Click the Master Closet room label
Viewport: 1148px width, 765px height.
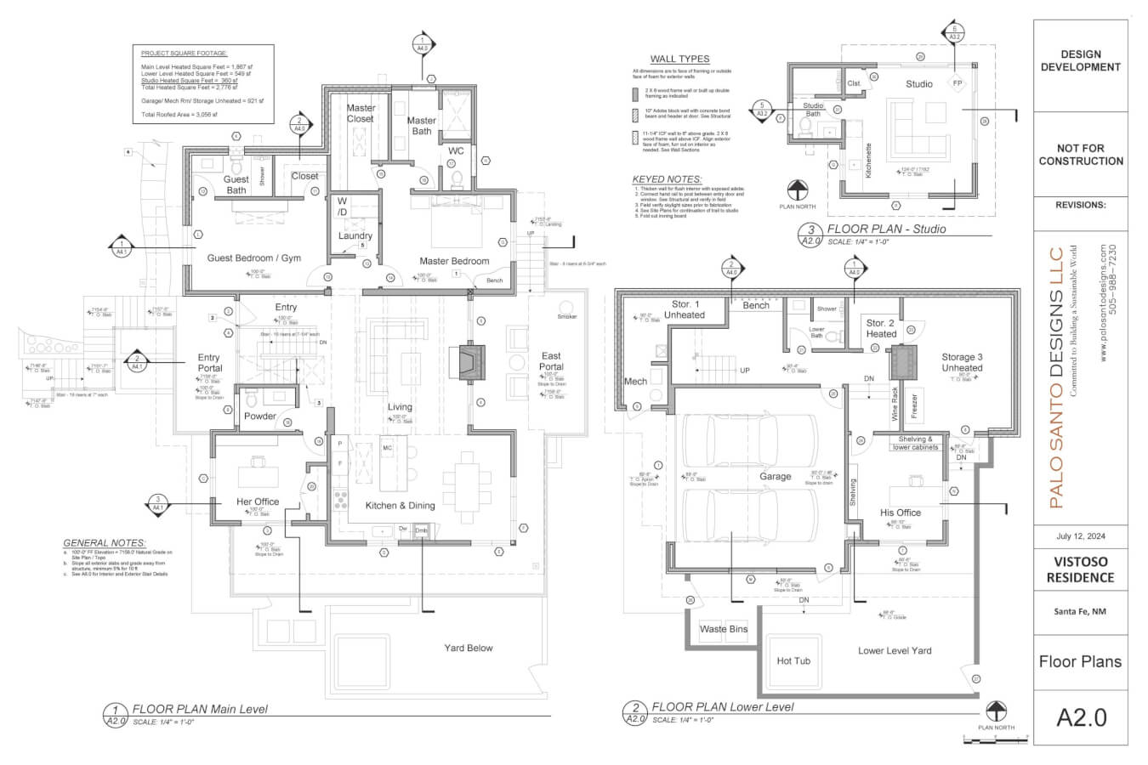pos(361,113)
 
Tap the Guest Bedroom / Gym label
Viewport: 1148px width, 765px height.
pos(253,258)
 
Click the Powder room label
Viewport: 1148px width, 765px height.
pos(260,416)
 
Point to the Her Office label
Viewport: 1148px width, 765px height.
pos(258,501)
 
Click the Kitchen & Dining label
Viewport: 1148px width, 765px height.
pos(400,505)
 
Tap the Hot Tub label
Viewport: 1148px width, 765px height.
pos(793,660)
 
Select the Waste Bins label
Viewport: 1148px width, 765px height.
pos(724,629)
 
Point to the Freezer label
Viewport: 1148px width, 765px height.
pos(914,406)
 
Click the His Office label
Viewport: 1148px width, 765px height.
pos(901,513)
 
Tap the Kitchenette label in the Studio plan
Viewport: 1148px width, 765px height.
pos(868,160)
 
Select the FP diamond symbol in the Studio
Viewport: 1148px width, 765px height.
pos(958,83)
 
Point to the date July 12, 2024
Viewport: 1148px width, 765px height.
pos(1080,536)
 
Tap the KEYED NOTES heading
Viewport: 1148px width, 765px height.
pos(667,179)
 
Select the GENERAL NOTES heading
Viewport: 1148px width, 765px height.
pos(104,542)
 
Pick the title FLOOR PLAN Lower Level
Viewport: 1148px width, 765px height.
pos(722,706)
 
